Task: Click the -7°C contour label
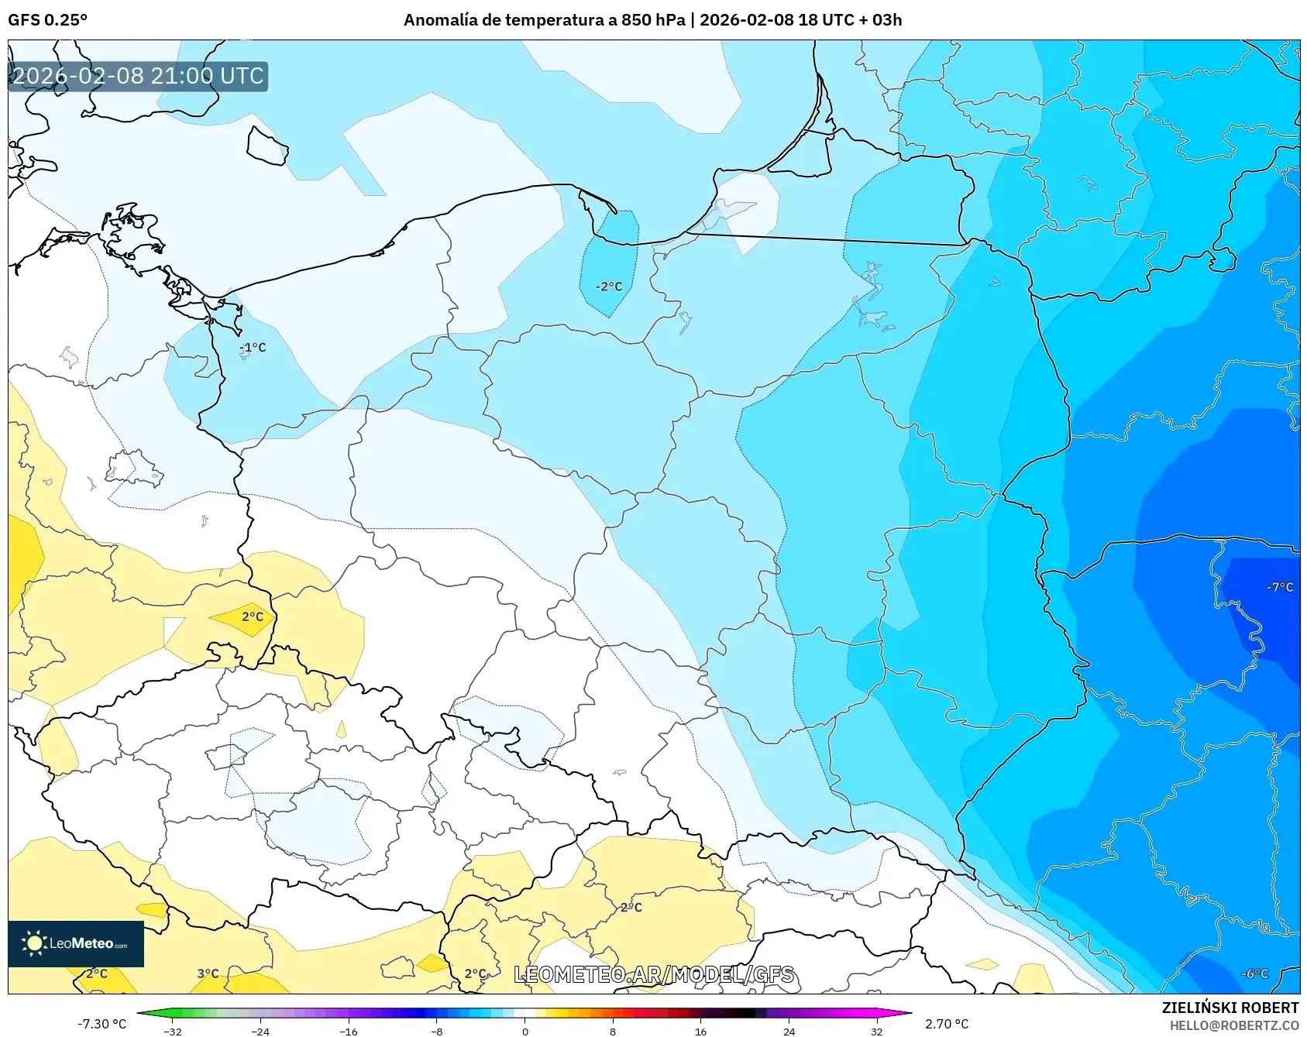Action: [x=1280, y=587]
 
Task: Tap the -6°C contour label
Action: [x=1255, y=973]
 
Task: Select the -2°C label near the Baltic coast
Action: [x=609, y=287]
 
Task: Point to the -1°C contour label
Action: [x=253, y=348]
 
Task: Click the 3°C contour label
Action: [x=208, y=973]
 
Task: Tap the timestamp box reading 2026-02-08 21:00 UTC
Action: [x=138, y=76]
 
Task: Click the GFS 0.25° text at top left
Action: [x=47, y=19]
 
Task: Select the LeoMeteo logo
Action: [x=75, y=943]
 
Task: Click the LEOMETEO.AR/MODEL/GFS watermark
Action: [x=654, y=974]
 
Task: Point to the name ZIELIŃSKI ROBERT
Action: [x=1230, y=1008]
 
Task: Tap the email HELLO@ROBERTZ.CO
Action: [x=1233, y=1025]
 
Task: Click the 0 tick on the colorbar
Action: [x=525, y=1031]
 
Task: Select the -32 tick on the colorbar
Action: [x=173, y=1031]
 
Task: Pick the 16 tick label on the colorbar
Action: [x=700, y=1031]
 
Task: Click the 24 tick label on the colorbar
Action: [x=789, y=1031]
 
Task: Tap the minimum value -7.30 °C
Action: [x=101, y=1024]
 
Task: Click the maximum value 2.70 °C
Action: [x=947, y=1024]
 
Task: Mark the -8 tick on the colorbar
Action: [x=437, y=1031]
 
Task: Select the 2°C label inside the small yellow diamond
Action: [x=253, y=617]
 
